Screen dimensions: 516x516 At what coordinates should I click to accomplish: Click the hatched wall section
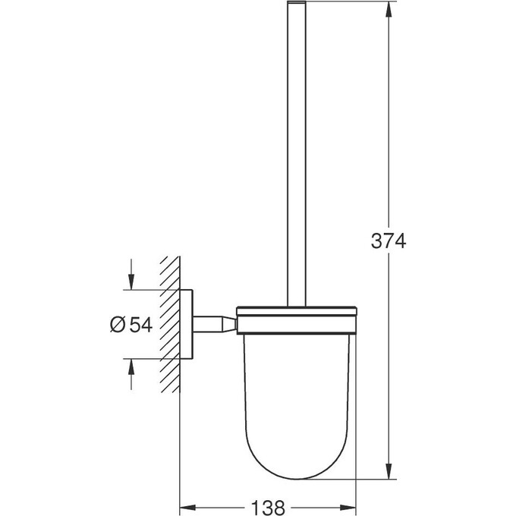[x=169, y=326]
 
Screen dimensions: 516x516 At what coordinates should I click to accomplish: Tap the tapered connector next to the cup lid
[x=228, y=324]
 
